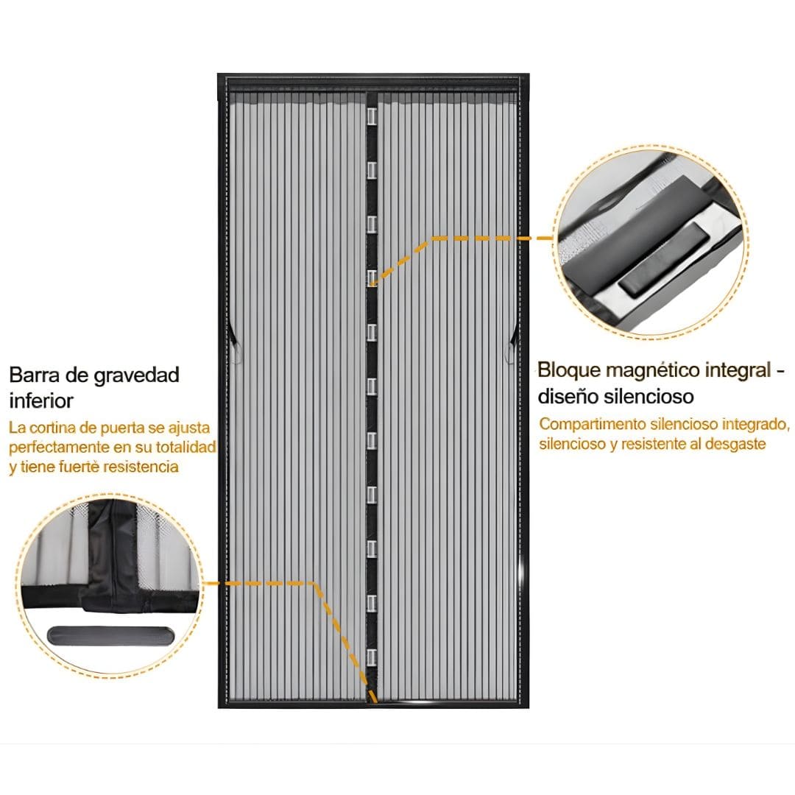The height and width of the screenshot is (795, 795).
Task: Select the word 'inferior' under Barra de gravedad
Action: click(41, 400)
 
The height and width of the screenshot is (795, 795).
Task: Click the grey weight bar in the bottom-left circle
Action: click(110, 635)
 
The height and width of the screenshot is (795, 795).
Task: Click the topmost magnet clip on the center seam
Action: click(372, 118)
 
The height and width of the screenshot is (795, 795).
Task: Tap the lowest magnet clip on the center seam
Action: click(372, 657)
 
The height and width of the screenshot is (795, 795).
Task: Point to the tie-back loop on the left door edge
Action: click(234, 344)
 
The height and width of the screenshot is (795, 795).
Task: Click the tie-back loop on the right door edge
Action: click(511, 344)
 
